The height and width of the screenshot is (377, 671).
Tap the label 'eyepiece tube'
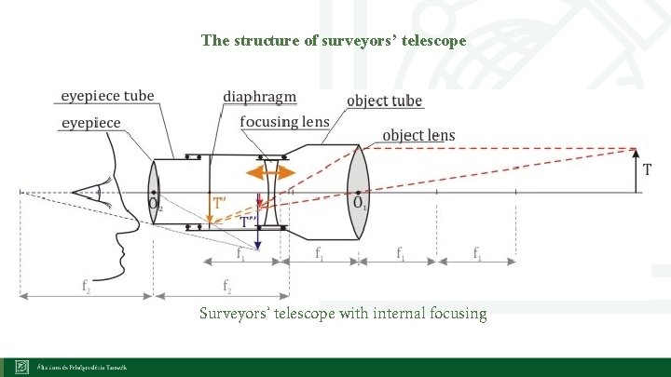(x=108, y=97)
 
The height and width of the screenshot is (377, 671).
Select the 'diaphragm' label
(x=260, y=97)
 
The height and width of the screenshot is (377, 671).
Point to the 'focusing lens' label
(x=283, y=122)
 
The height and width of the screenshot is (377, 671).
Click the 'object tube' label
(x=384, y=101)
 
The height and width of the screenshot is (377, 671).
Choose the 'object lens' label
(x=418, y=136)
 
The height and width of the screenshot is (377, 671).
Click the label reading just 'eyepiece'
(x=91, y=122)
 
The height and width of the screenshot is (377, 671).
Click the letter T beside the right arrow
(x=647, y=170)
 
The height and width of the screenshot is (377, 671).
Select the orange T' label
(x=220, y=202)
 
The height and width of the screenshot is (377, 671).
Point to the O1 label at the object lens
(x=359, y=203)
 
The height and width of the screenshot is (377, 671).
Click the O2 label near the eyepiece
(x=155, y=204)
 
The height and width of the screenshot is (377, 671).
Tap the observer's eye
(x=92, y=193)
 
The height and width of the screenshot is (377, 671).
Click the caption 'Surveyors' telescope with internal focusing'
(x=343, y=314)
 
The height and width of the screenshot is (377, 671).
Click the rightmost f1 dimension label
(x=478, y=252)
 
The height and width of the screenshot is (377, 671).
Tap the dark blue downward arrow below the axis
(x=259, y=233)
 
